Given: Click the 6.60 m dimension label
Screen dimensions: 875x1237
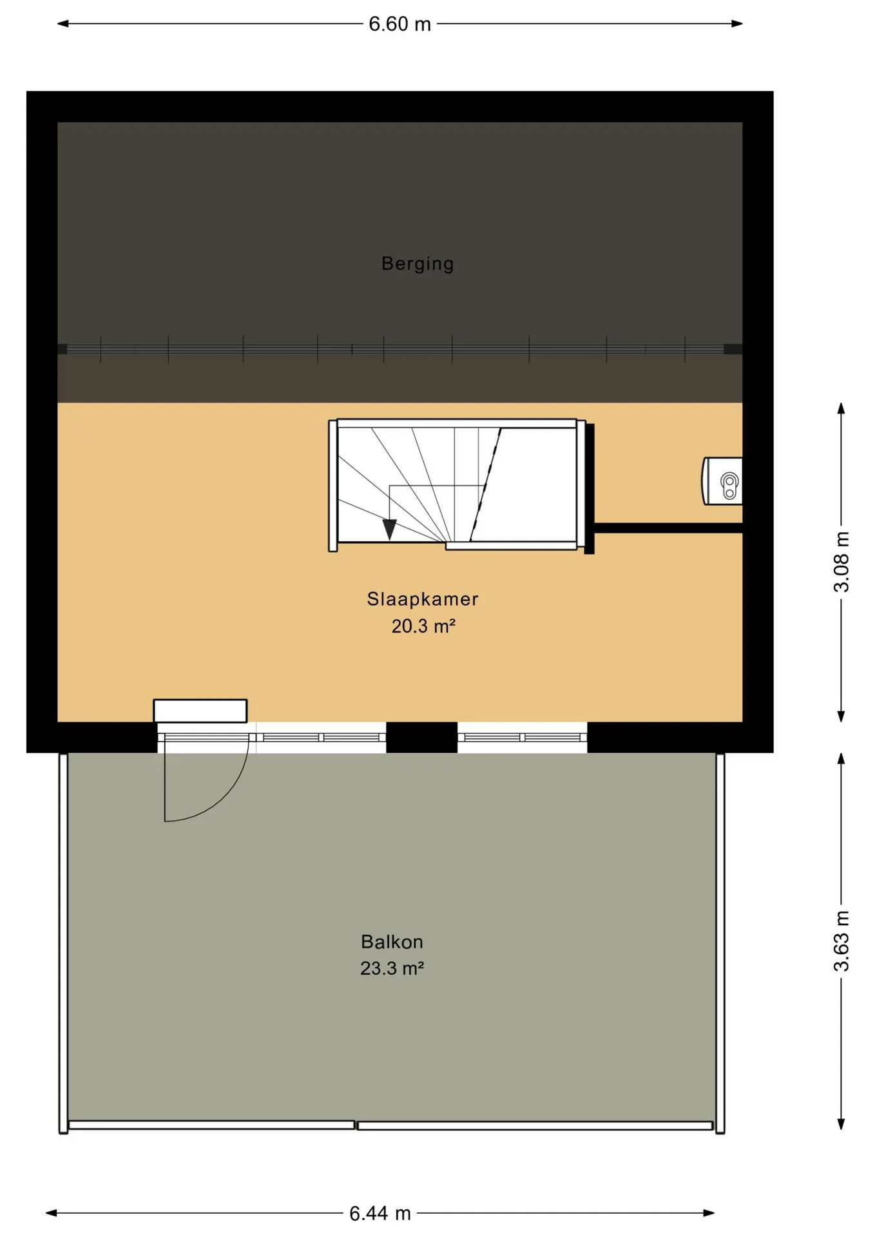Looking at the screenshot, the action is pos(399,24).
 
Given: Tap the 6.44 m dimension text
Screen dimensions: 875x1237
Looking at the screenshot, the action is pos(380,1214).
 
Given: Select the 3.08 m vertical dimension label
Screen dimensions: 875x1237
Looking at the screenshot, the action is pos(841,562).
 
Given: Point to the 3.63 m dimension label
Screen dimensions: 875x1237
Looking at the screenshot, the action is pos(841,941).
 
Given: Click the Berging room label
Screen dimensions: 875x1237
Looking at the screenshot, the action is pos(418,264).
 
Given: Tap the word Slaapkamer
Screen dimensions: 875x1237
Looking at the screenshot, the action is pos(423,599).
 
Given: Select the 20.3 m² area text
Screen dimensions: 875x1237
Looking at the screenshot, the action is pos(423,626).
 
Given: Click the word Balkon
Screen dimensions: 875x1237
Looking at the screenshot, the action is pos(392,942).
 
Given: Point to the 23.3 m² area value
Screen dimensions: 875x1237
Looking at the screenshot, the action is pos(392,968).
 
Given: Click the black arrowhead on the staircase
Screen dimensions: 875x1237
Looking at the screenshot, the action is pos(390,529).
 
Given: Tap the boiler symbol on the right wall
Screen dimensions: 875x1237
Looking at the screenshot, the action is pos(722,481).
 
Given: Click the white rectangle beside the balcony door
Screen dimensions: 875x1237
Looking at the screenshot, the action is pos(200,711).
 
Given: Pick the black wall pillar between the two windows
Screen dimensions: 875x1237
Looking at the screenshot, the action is pos(422,737).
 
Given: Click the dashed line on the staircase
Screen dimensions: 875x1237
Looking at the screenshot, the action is pos(485,484).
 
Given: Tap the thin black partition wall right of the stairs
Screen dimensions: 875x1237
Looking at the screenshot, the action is pos(668,528).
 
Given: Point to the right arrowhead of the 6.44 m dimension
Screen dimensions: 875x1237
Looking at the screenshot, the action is pos(708,1213).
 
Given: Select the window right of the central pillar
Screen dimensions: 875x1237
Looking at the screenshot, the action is pos(523,737).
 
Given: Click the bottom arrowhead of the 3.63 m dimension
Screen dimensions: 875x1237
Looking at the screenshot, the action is pos(841,1124).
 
